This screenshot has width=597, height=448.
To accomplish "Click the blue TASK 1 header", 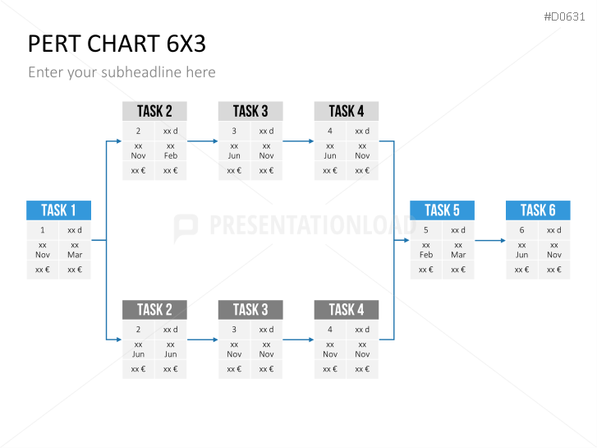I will [58, 210].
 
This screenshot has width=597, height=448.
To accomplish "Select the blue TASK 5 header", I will [442, 210].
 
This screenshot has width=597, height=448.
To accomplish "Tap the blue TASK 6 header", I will [538, 210].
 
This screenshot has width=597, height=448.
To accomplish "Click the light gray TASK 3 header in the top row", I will [250, 111].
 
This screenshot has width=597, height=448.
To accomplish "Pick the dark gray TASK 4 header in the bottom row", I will [346, 310].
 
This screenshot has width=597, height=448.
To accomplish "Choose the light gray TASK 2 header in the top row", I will [154, 111].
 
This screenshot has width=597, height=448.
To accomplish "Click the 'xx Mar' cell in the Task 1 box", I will [75, 250].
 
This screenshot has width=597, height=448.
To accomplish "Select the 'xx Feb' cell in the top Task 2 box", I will [170, 150].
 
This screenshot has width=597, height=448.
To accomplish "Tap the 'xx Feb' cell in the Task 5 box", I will [426, 250].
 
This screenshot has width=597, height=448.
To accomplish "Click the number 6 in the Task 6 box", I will [521, 230].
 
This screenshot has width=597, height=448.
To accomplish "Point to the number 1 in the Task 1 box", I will [43, 230].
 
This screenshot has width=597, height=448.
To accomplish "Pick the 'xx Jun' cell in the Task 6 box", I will [521, 250].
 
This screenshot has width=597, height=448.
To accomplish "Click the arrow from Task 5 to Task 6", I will [490, 241].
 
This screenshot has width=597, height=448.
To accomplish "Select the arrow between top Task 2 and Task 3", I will [202, 141].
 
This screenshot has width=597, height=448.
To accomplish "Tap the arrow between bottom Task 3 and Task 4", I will [298, 339].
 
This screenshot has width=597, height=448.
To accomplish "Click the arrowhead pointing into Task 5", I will [406, 241].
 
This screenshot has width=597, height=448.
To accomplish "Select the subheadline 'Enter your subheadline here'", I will [122, 72].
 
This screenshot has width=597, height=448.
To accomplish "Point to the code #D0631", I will [566, 16].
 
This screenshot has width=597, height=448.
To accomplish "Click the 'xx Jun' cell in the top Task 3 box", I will [234, 150].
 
